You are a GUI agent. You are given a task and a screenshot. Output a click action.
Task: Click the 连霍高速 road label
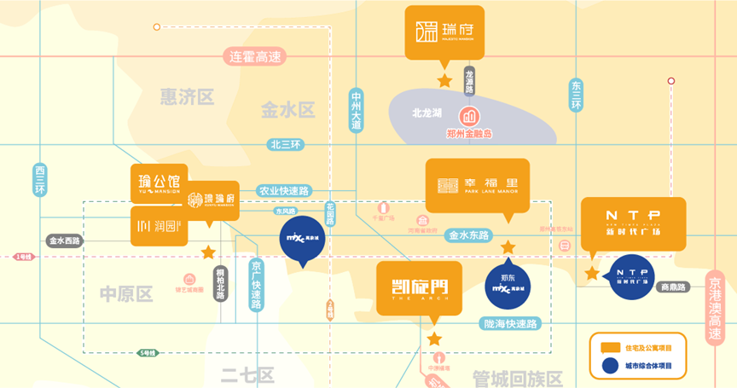pos(255,57)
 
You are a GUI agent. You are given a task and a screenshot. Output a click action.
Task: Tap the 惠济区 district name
pos(187,96)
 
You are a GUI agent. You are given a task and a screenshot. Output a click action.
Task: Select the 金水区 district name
pos(288,109)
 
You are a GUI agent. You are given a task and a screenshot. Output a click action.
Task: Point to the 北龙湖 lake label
pos(427,113)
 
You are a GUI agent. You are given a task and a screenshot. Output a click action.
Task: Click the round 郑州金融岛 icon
pos(469,116)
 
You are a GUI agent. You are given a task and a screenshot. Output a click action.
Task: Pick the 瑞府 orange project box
pos(444,33)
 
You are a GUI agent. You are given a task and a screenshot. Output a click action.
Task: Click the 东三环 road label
pos(576,96)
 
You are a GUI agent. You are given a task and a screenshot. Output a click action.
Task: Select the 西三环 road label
pos(39,180)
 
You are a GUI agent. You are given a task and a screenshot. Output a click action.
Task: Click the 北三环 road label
pos(285,144)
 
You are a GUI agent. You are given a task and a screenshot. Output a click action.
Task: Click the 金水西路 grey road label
pos(64,241)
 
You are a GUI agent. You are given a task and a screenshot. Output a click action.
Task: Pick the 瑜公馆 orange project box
pos(159,183)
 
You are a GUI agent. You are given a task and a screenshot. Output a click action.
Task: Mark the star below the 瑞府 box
pos(444,81)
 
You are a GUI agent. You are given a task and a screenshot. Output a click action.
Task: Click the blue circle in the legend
pos(609,366)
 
